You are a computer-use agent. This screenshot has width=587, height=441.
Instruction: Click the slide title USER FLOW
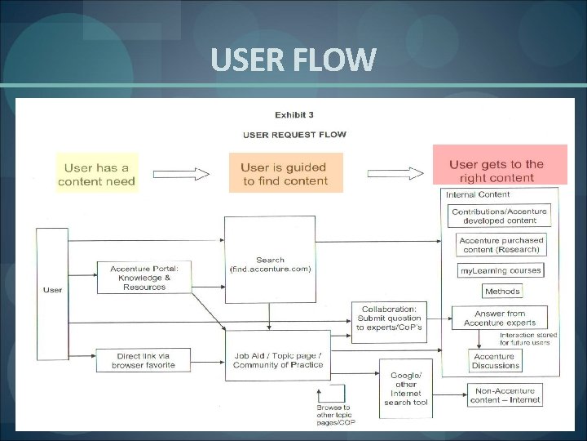(293, 60)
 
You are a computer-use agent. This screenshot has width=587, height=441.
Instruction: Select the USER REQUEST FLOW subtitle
(294, 134)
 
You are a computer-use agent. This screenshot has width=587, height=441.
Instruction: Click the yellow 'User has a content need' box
(97, 173)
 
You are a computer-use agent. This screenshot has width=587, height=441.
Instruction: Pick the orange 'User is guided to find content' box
(285, 173)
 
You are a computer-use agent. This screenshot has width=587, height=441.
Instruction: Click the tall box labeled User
(52, 290)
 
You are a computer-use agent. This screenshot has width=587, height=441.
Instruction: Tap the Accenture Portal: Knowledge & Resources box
(144, 277)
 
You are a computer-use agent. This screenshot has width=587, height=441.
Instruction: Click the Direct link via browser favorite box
(143, 360)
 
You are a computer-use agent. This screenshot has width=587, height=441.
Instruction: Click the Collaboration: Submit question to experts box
(389, 318)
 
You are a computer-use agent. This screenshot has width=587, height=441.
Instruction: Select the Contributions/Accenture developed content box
(500, 216)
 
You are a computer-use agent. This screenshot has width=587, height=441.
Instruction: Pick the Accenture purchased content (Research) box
(500, 245)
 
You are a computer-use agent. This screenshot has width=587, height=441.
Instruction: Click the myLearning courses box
(501, 270)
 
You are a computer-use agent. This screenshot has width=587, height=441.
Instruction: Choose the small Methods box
(501, 291)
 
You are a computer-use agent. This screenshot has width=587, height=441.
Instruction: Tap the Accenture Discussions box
(495, 361)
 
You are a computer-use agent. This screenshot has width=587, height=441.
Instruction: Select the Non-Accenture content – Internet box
(505, 394)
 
